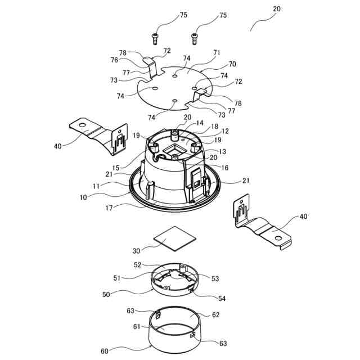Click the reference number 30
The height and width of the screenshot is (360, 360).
[137, 252]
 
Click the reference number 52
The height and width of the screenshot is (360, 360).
[137, 265]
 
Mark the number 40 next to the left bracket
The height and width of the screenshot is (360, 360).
[58, 146]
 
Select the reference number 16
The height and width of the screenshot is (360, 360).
[225, 167]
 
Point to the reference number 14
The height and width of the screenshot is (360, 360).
[199, 123]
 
